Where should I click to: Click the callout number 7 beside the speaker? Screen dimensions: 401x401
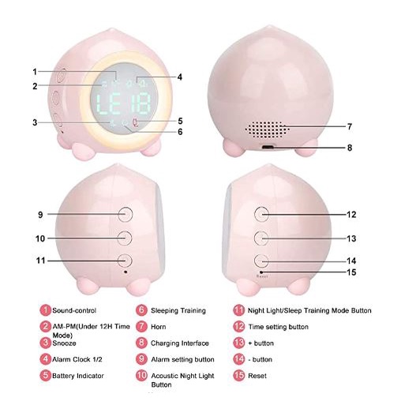[x=350, y=127]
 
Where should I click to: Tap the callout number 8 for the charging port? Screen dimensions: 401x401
[x=350, y=148]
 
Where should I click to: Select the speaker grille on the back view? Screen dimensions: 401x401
[x=267, y=129]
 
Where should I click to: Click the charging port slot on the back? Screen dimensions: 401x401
[x=268, y=147]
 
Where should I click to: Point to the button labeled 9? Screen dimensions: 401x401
[x=125, y=214]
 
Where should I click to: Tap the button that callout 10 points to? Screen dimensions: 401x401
[x=125, y=238]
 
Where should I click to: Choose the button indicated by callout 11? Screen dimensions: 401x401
[x=125, y=260]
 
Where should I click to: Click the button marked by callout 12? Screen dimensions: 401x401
[x=261, y=214]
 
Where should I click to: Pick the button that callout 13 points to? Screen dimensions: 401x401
[x=261, y=238]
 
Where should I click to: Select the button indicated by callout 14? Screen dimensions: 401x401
[x=261, y=260]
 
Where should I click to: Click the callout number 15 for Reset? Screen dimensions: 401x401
[x=351, y=272]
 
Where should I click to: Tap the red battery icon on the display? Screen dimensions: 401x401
[x=136, y=122]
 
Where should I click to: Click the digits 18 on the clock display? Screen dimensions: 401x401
[x=141, y=103]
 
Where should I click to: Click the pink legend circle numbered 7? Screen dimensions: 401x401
[x=141, y=327]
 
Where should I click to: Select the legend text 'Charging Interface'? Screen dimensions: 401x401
[x=180, y=343]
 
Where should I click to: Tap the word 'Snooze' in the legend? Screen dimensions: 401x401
[x=64, y=343]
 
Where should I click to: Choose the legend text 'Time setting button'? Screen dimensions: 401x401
[x=278, y=327]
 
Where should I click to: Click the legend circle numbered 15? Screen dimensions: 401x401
[x=238, y=375]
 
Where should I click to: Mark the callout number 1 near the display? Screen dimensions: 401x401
[x=35, y=72]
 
